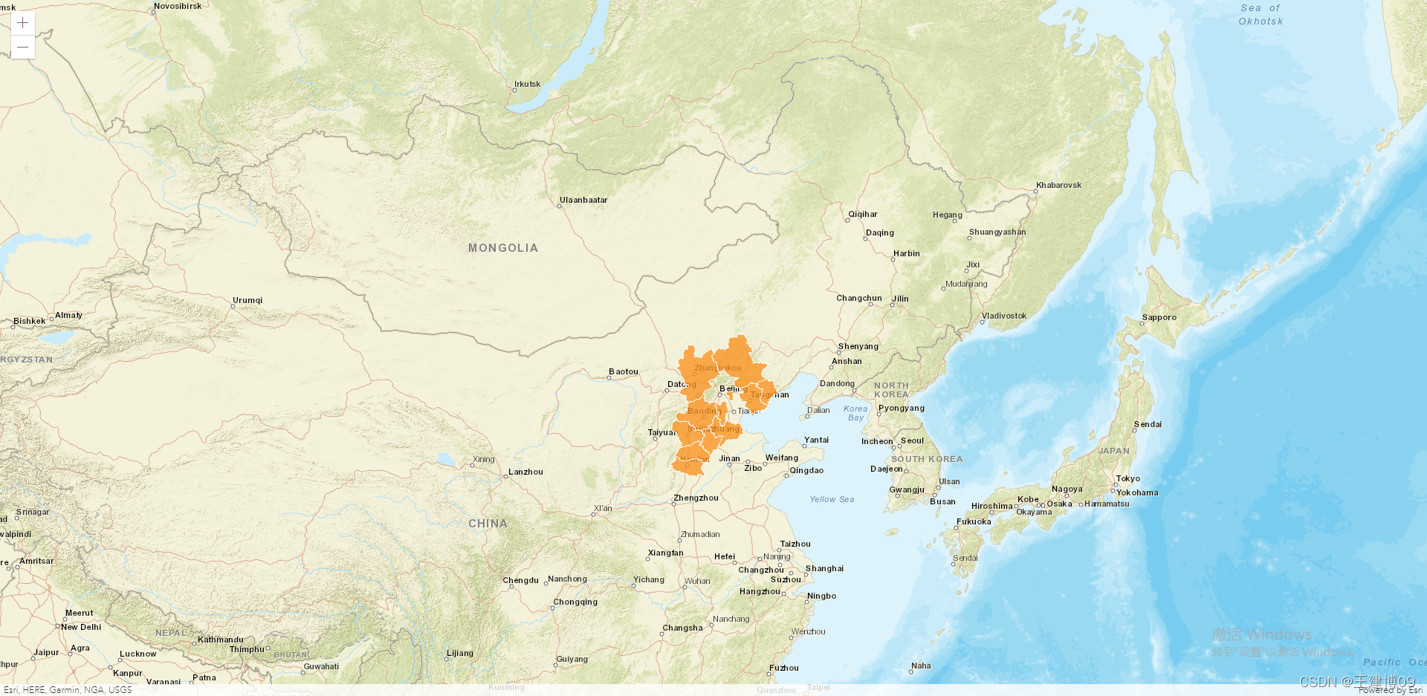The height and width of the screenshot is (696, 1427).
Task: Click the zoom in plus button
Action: [x=23, y=23]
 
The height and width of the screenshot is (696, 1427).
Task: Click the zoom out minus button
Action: [x=23, y=47]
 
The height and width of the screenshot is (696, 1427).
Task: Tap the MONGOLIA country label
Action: [x=502, y=248]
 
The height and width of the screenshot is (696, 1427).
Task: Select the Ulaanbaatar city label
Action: [x=583, y=200]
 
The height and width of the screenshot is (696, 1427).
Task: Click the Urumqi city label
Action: [x=247, y=300]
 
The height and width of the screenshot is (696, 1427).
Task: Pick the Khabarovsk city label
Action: [x=1058, y=185]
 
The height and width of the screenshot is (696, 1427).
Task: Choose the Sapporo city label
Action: [x=1159, y=317]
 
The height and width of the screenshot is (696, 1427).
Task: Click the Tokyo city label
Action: [x=1127, y=478]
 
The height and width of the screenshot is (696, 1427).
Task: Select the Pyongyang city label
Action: [x=901, y=408]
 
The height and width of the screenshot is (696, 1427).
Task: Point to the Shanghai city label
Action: [x=824, y=568]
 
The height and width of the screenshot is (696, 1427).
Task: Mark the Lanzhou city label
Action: [x=525, y=472]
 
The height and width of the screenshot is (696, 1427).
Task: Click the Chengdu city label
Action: [x=520, y=580]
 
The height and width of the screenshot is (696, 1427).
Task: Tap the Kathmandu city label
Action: [x=220, y=640]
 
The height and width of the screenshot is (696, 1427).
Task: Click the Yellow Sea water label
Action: [x=832, y=499]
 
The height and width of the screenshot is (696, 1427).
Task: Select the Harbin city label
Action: [x=906, y=253]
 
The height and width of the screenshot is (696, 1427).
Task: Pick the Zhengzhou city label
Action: [x=696, y=498]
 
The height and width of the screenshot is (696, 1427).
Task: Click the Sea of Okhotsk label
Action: [x=1261, y=15]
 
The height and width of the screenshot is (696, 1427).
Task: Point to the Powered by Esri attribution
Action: [x=1390, y=690]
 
